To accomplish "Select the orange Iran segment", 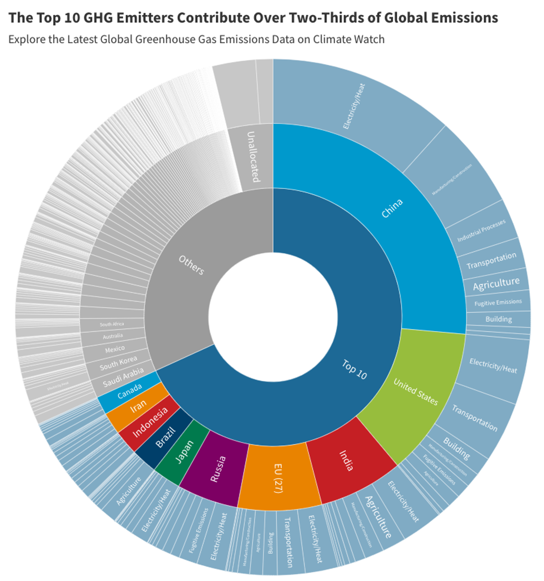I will [138, 406].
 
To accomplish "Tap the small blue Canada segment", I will [129, 391].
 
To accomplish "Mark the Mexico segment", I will [115, 349].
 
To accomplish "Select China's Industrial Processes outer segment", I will [481, 231].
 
